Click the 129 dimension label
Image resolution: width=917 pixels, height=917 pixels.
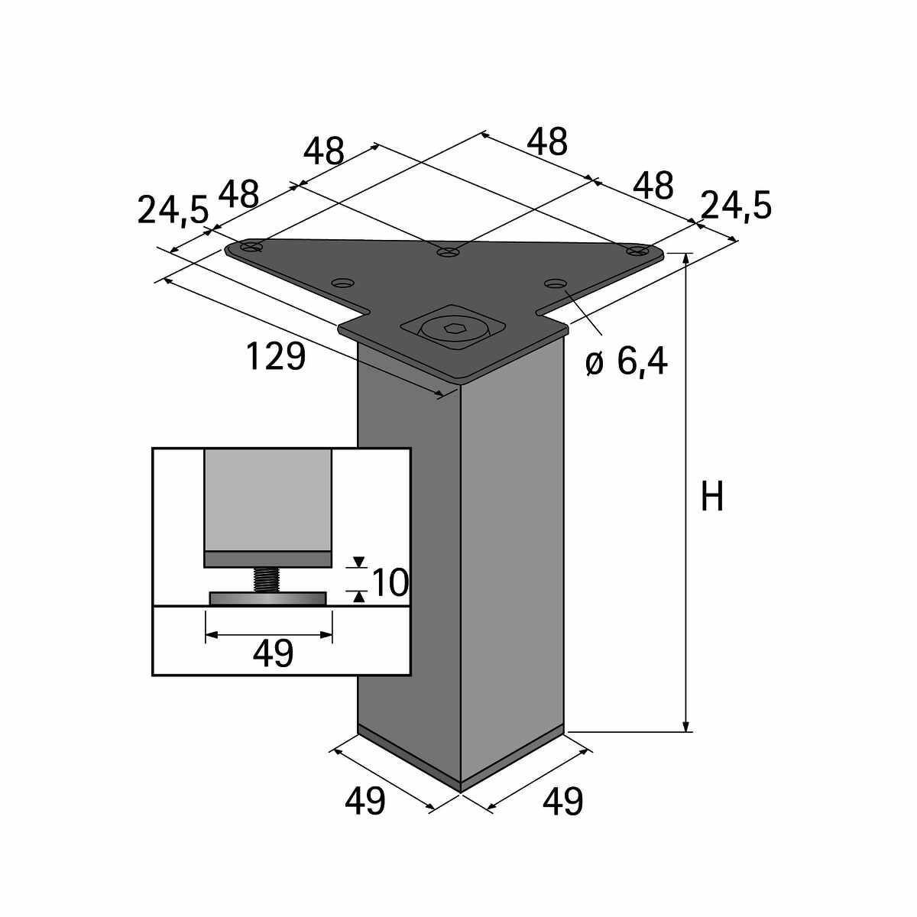pyautogui.click(x=276, y=357)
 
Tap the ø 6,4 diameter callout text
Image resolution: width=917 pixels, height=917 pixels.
pyautogui.click(x=627, y=361)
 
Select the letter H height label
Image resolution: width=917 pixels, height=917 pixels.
pyautogui.click(x=712, y=497)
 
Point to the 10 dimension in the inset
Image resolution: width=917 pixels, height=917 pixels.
pyautogui.click(x=390, y=583)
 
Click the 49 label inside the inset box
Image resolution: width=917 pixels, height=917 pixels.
pyautogui.click(x=273, y=654)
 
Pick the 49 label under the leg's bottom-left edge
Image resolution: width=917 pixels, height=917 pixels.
pyautogui.click(x=365, y=802)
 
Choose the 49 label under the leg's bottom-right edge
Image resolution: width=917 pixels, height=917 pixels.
pyautogui.click(x=562, y=802)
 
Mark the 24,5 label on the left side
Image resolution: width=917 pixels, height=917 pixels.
pyautogui.click(x=173, y=210)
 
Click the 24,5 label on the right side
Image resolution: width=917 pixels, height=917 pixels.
pyautogui.click(x=736, y=206)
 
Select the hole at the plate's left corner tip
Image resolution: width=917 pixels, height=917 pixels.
pyautogui.click(x=251, y=247)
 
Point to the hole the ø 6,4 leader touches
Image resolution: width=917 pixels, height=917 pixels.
pyautogui.click(x=555, y=284)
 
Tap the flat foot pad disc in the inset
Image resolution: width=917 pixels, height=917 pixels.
pyautogui.click(x=267, y=598)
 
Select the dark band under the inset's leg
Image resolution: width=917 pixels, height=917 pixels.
pyautogui.click(x=267, y=559)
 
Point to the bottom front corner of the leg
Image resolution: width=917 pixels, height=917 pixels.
pyautogui.click(x=460, y=789)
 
